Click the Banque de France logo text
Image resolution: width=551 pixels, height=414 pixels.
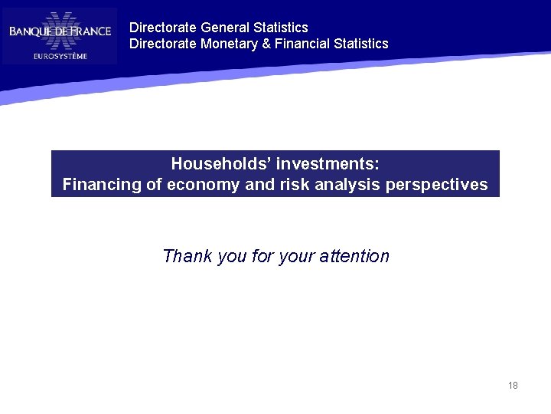click(x=60, y=31)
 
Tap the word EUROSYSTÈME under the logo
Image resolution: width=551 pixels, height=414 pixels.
click(x=60, y=55)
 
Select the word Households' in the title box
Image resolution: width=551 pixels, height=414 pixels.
click(x=220, y=164)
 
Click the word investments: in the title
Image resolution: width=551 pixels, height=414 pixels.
click(x=328, y=164)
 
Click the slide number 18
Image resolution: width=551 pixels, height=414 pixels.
click(x=513, y=386)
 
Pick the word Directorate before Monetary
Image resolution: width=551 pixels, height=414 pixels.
click(x=163, y=44)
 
